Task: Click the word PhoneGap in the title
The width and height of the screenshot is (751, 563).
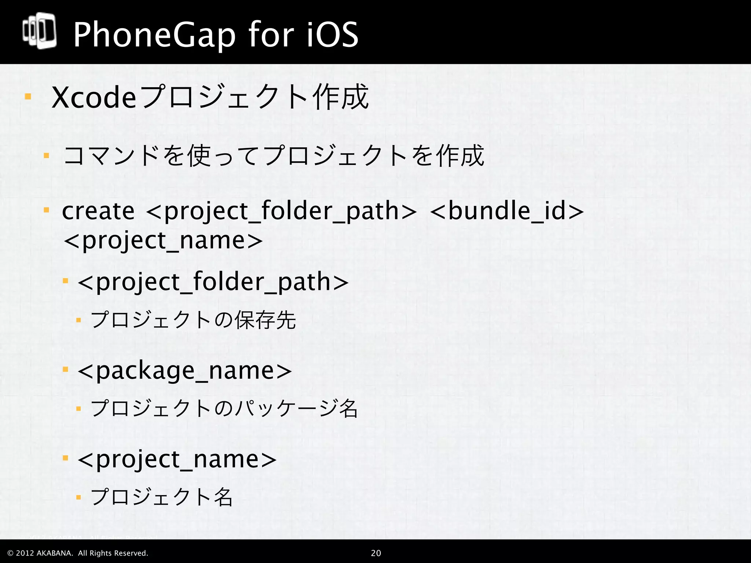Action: click(x=154, y=35)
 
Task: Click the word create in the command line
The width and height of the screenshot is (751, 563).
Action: click(x=98, y=211)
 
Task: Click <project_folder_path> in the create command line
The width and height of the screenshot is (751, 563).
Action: click(x=281, y=211)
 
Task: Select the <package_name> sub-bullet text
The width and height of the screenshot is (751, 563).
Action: click(x=185, y=371)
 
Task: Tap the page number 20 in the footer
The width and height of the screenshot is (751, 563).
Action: click(x=376, y=553)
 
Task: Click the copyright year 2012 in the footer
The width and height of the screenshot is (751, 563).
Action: click(x=25, y=553)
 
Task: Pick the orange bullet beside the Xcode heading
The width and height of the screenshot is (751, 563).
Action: click(x=28, y=97)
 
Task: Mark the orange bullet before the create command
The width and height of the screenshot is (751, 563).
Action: click(x=46, y=210)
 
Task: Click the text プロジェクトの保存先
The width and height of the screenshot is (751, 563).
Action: click(x=193, y=320)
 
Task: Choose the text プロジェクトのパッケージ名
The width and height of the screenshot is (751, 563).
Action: click(x=224, y=408)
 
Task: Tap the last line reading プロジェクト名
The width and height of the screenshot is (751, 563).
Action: click(x=162, y=497)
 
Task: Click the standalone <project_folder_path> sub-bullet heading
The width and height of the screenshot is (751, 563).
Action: click(x=213, y=282)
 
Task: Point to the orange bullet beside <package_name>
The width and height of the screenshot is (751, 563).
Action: click(x=66, y=369)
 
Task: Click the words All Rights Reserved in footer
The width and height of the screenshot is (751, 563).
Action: click(x=113, y=553)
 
